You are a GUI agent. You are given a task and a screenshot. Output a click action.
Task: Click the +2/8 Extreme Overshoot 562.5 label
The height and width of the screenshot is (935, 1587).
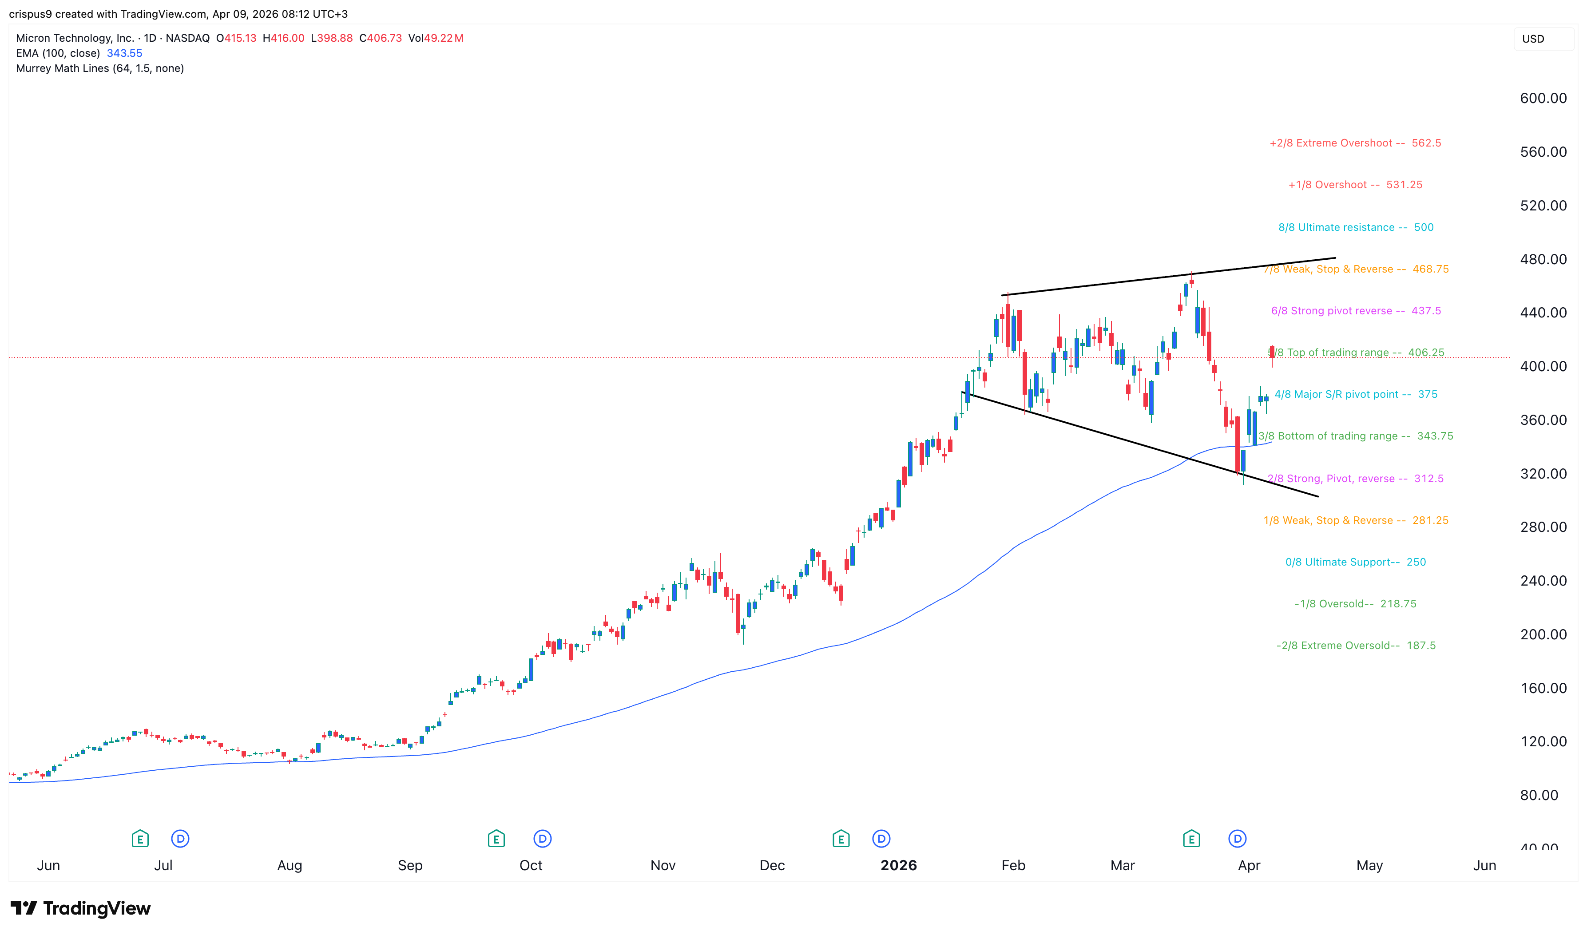tap(1354, 143)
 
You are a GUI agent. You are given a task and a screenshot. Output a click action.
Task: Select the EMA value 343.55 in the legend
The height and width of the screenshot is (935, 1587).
tap(124, 54)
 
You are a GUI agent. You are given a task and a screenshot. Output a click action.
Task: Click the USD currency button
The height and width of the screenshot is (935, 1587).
tap(1533, 39)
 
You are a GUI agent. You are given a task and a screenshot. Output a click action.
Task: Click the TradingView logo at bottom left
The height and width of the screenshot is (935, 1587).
tap(81, 908)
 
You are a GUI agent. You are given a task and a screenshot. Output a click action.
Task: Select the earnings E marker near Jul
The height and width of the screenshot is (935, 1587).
tap(140, 839)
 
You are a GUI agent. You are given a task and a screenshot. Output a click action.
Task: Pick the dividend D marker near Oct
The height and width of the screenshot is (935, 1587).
tap(542, 839)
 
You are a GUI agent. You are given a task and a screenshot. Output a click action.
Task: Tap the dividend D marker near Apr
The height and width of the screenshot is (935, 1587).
tap(1237, 839)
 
